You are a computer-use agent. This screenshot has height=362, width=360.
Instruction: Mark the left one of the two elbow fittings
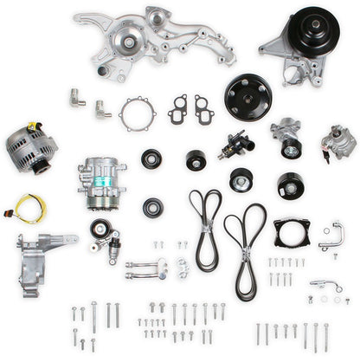[78, 97]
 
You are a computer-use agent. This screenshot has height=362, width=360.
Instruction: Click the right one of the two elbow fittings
[102, 109]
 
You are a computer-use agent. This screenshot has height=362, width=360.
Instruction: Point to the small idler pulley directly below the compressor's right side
[153, 207]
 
